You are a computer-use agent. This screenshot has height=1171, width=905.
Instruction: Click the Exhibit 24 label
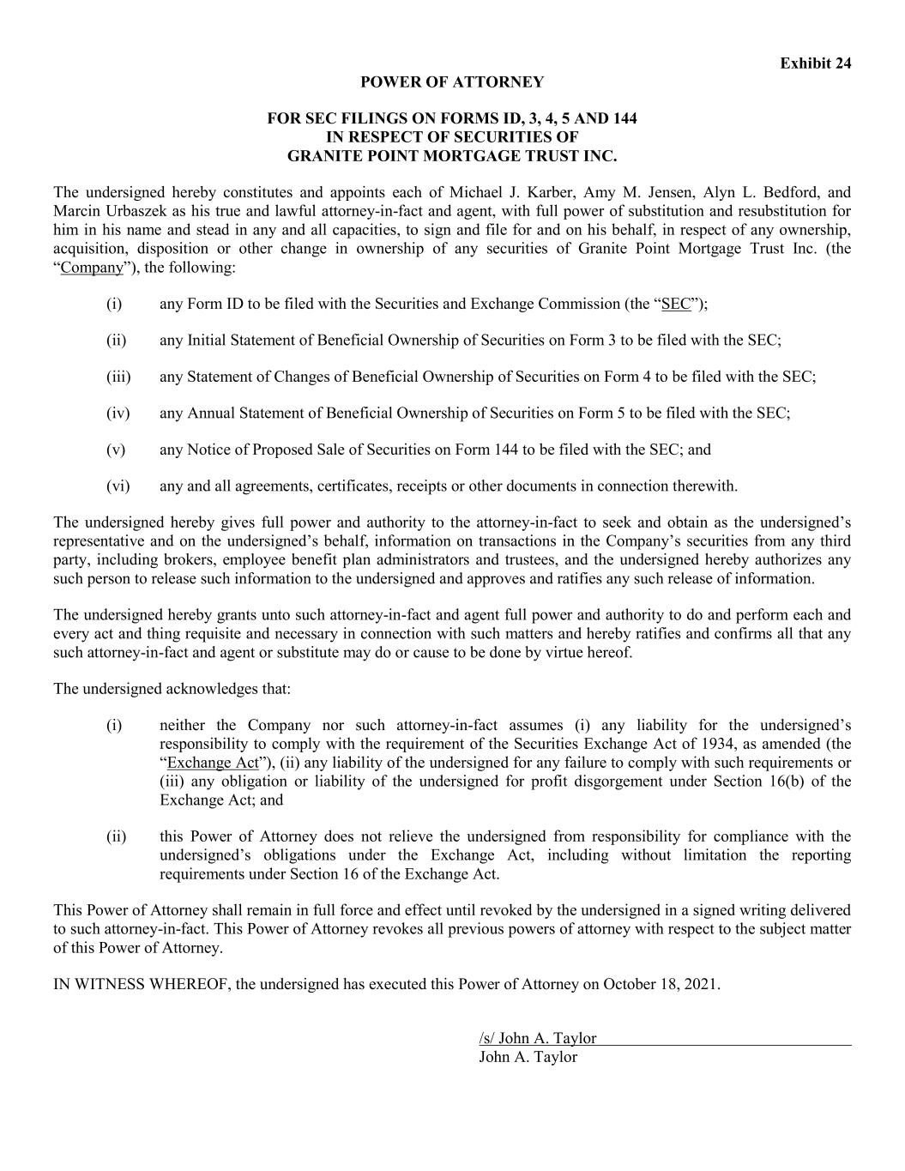coord(815,63)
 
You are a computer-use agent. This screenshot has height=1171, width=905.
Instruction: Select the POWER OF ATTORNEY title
coord(452,82)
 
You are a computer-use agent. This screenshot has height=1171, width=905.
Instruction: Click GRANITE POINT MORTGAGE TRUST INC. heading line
coord(452,156)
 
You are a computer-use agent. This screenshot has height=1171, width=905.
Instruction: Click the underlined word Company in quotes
coord(92,268)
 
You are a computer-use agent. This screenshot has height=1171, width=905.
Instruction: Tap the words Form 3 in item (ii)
coord(593,341)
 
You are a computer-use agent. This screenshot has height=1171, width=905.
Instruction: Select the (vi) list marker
coord(118,486)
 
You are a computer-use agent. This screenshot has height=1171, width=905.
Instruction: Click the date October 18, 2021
coord(661,984)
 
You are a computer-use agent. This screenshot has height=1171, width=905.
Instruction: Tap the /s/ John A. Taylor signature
coord(538,1038)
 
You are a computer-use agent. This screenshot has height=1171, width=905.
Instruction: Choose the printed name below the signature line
coord(528,1057)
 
